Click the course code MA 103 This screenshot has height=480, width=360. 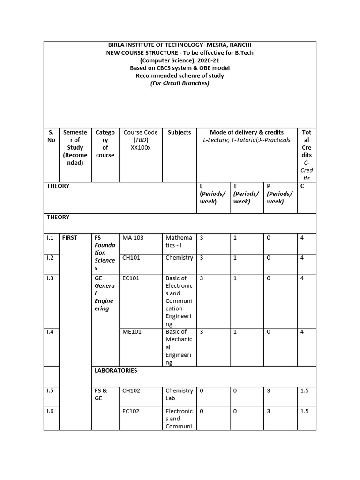(133, 238)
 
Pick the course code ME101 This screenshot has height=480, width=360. (132, 332)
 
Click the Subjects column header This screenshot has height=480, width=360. (179, 133)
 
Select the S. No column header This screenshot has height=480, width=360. (51, 136)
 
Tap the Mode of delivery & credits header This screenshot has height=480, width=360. (246, 133)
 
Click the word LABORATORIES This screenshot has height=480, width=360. (116, 371)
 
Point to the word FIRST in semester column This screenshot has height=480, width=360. (69, 238)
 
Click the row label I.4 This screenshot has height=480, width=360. (51, 332)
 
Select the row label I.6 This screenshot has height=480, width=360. (51, 412)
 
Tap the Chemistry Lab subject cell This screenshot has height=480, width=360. (179, 394)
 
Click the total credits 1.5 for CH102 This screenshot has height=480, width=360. (305, 391)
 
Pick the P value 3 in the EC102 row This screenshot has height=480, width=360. (269, 412)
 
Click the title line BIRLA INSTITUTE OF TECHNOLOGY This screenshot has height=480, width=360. (180, 45)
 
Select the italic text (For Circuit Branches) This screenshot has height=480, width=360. (180, 83)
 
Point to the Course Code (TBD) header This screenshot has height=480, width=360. (140, 140)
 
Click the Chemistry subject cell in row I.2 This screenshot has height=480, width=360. (179, 258)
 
